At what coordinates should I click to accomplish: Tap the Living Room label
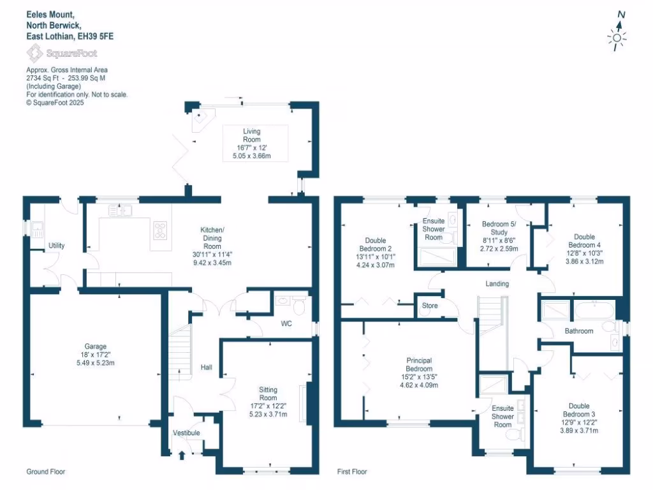click(x=252, y=135)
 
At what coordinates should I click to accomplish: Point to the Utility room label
click(x=57, y=246)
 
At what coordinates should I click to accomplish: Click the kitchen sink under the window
click(x=119, y=210)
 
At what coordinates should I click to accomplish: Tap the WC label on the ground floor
click(x=286, y=323)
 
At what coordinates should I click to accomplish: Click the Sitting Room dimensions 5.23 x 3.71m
click(x=268, y=414)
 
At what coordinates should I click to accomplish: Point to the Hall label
click(x=207, y=367)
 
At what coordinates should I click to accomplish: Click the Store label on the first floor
click(x=430, y=306)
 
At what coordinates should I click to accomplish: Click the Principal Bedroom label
click(x=419, y=364)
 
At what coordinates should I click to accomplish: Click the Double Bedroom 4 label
click(x=583, y=241)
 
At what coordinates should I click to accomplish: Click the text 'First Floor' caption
click(x=352, y=472)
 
